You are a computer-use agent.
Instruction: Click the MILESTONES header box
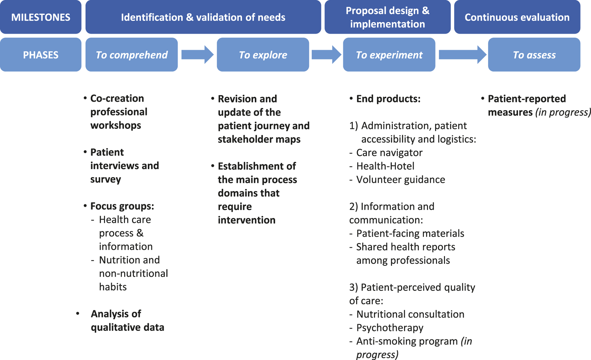point(41,17)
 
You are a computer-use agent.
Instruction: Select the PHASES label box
point(41,54)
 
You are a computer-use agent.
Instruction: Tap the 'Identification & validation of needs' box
point(203,17)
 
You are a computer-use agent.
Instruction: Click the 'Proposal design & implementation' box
point(388,17)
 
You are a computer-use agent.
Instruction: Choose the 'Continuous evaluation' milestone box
point(517,17)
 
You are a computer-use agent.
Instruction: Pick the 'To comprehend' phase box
point(131,54)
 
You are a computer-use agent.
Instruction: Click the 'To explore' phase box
point(263,54)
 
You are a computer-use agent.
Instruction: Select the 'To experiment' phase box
point(389,54)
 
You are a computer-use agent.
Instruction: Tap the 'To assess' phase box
point(534,54)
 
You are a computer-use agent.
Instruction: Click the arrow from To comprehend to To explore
point(197,54)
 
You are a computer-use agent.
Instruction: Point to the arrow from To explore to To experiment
point(326,54)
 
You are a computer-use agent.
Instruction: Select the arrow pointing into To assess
point(463,54)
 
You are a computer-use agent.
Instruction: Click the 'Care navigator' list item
point(389,152)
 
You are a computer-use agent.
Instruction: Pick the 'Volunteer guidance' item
point(401,179)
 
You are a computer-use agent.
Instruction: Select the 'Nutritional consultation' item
point(410,314)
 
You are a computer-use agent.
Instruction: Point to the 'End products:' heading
point(388,99)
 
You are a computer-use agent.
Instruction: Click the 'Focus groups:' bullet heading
point(122,206)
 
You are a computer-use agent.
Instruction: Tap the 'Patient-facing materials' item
point(410,234)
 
